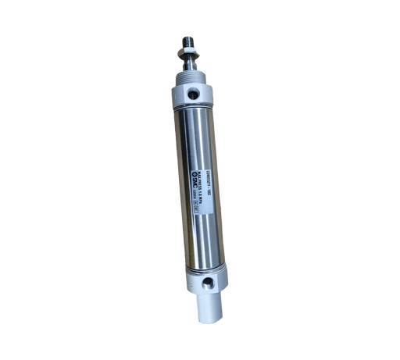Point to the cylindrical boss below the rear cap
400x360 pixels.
click(x=210, y=301)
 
